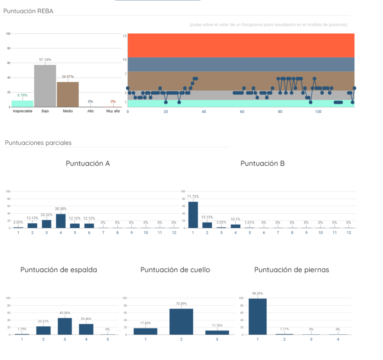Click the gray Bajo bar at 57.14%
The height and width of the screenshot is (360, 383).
click(x=45, y=86)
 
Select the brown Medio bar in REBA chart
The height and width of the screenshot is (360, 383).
click(x=68, y=95)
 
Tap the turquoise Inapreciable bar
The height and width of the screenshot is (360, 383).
click(x=22, y=104)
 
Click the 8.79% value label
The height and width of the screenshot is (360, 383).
click(x=22, y=95)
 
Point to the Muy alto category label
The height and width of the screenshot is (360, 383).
click(x=113, y=111)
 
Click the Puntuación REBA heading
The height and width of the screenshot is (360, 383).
click(x=28, y=11)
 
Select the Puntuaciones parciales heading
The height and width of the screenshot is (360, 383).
click(x=39, y=143)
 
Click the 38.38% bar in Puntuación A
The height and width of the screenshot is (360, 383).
click(x=61, y=221)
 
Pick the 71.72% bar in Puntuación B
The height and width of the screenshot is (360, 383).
click(x=193, y=215)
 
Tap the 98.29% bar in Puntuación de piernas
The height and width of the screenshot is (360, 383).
click(x=258, y=317)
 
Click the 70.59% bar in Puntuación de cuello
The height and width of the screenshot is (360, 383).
click(x=181, y=322)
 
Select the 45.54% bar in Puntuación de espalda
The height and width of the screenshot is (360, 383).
click(x=65, y=327)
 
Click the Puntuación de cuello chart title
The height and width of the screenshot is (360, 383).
click(x=175, y=270)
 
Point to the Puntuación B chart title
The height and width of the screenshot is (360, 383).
click(x=263, y=164)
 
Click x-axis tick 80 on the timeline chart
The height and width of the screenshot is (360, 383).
click(x=280, y=112)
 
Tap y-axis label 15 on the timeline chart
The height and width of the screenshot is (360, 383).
click(x=125, y=36)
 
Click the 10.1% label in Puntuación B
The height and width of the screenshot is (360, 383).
click(x=236, y=219)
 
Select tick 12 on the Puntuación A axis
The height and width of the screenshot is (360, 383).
click(x=174, y=233)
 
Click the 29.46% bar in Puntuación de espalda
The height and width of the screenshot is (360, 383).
click(x=86, y=329)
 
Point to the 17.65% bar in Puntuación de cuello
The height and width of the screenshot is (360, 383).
click(x=145, y=332)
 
